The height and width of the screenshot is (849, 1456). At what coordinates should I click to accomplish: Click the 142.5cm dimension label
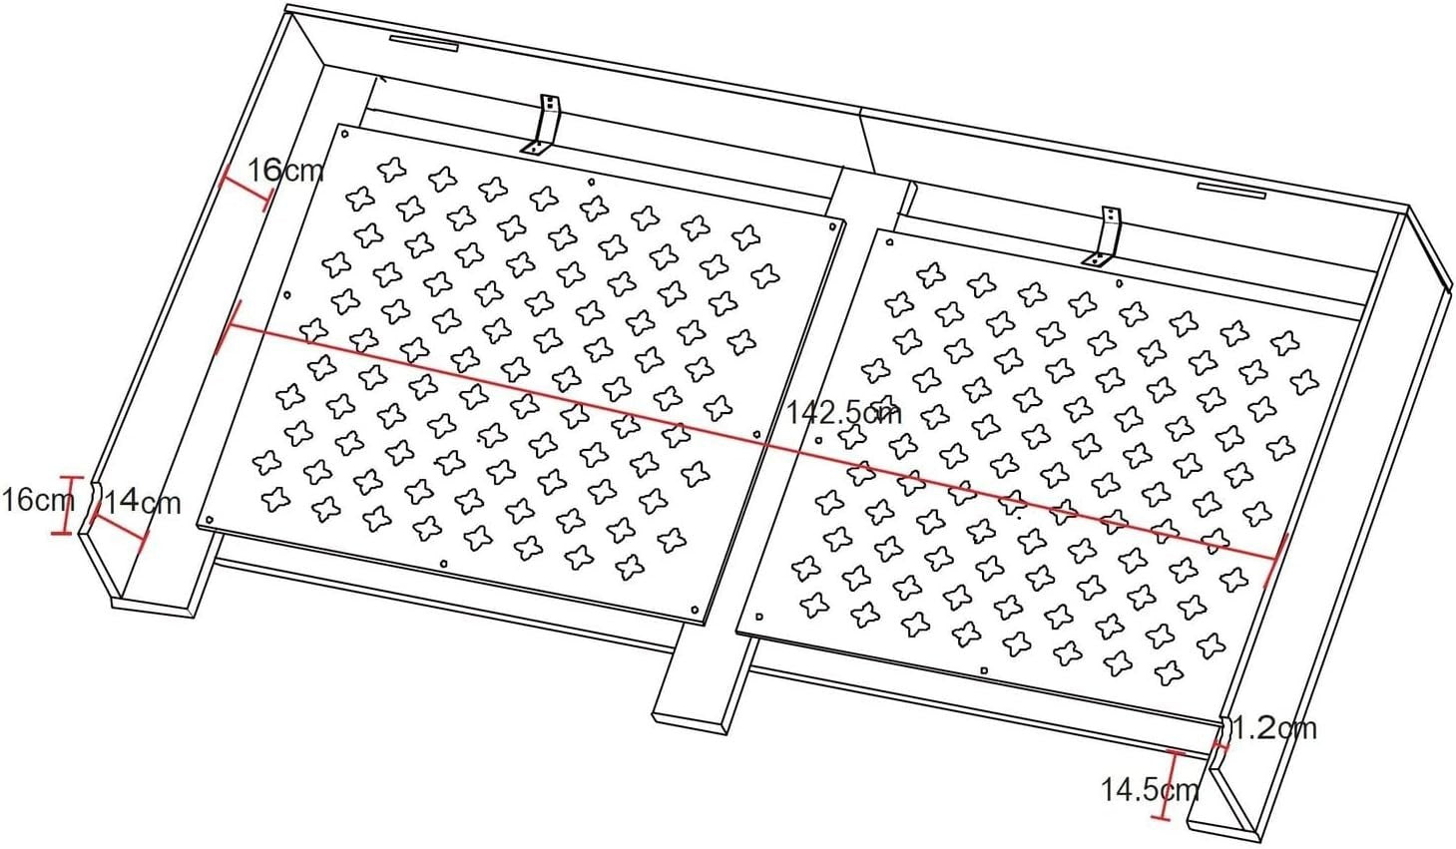coord(843,412)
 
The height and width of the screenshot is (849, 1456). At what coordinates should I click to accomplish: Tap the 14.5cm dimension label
coord(1150,790)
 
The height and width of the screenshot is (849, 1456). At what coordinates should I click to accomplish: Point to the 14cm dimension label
coord(143,503)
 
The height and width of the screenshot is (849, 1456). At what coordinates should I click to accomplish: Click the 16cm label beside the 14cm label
coord(37,501)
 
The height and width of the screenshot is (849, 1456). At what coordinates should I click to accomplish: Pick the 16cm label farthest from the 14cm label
coord(285,171)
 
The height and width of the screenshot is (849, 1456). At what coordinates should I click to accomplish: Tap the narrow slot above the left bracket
coord(424,42)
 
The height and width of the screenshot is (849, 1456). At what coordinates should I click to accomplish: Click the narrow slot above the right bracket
coord(1231,190)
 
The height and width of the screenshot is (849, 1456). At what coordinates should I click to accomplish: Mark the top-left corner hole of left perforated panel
coord(345,135)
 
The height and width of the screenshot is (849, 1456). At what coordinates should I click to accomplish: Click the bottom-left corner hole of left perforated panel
coord(209,520)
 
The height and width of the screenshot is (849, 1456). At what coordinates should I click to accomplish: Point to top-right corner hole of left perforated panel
coord(833,226)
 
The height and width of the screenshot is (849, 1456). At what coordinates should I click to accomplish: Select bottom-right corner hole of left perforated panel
coord(695,611)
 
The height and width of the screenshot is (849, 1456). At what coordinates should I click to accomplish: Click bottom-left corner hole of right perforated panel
coord(759,616)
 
